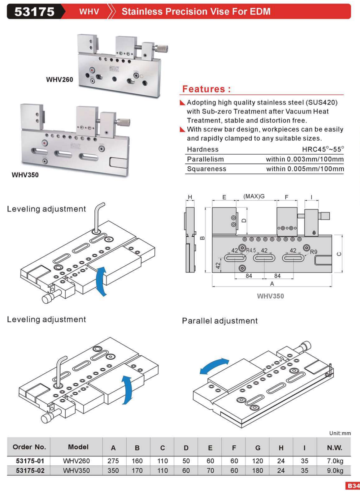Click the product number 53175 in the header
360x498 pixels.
point(34,12)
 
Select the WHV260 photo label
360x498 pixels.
point(59,79)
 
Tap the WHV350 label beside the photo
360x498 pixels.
point(25,175)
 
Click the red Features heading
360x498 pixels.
point(206,89)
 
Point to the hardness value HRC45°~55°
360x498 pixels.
point(323,149)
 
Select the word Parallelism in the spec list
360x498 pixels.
point(205,159)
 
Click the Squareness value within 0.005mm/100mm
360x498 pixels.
point(305,169)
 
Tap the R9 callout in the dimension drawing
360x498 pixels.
point(314,252)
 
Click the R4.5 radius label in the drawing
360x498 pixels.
point(251,250)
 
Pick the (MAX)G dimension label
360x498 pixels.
point(254,196)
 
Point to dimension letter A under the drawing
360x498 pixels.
point(272,284)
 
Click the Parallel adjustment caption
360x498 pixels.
point(219,321)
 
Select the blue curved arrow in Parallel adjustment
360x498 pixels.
point(214,365)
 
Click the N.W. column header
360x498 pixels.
point(334,448)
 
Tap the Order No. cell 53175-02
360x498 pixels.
point(30,470)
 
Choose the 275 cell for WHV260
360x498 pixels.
point(113,461)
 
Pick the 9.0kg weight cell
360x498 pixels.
point(335,470)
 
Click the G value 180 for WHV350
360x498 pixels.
point(257,470)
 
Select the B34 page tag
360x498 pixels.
point(353,486)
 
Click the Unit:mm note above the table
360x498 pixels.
point(340,433)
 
